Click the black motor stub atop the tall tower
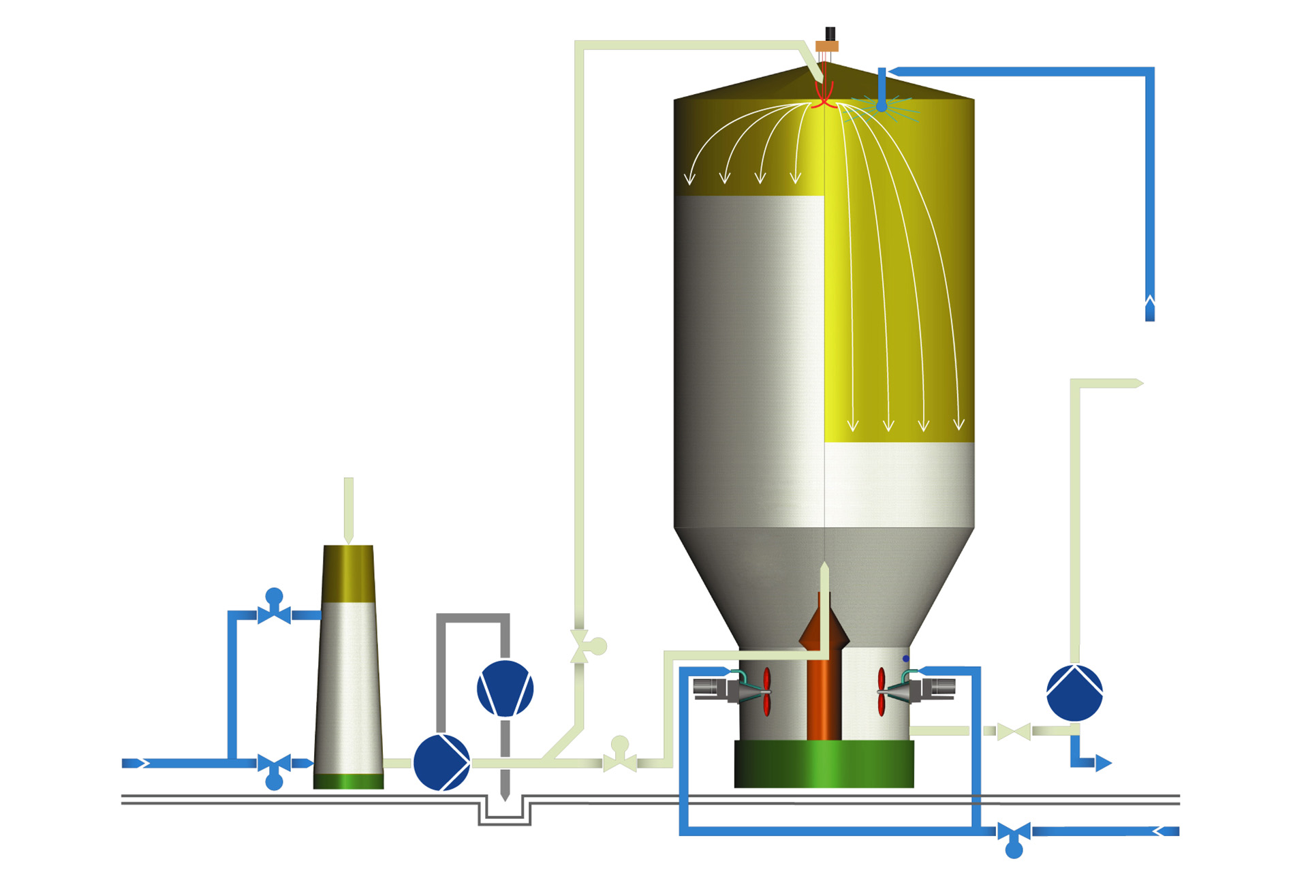pos(830,33)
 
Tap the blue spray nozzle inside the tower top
pos(882,105)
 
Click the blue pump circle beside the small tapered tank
pos(441,762)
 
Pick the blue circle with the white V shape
pos(505,688)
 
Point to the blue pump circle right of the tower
pos(1074,693)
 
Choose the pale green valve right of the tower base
pos(1014,732)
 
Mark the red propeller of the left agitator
pos(766,691)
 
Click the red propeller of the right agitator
pos(882,691)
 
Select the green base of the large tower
pos(824,764)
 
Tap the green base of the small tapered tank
pos(348,781)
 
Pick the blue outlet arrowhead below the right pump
pos(1103,763)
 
